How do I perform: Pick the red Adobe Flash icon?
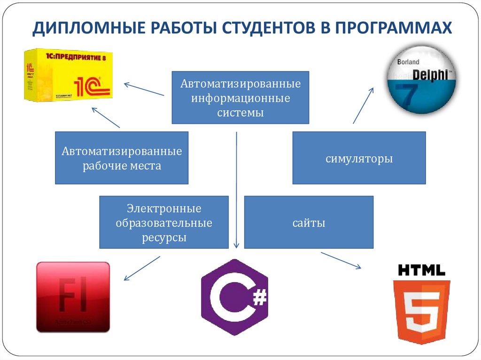pos(73,297)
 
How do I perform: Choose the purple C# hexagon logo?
pos(234,297)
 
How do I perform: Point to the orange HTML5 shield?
pos(421,310)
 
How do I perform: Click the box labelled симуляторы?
pos(359,158)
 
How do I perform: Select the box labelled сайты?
pos(309,222)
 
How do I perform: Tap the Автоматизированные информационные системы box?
pos(240,98)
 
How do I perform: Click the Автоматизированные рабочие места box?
pos(122,158)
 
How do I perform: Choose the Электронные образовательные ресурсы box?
pos(164,222)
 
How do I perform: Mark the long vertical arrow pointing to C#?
pos(236,188)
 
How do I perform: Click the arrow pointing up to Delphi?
pos(363,105)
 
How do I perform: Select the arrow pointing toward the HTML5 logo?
pos(341,260)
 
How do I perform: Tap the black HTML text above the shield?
pos(421,270)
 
